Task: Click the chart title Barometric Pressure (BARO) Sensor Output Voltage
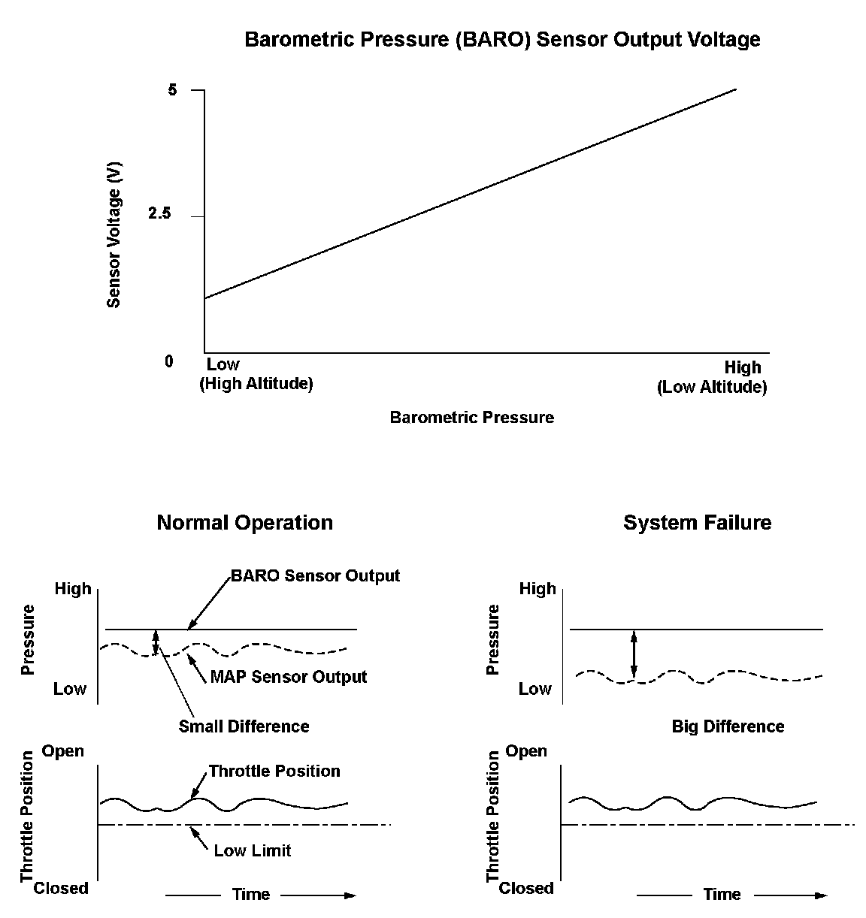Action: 502,40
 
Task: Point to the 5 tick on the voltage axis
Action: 173,90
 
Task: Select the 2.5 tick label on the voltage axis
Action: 160,215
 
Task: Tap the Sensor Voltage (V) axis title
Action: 114,235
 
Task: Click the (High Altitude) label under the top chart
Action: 256,384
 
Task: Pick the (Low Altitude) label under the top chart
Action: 712,388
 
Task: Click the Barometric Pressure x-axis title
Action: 471,418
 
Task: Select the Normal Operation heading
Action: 244,523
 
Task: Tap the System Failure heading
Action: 697,523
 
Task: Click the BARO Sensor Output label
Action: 315,576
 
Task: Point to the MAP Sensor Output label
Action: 288,677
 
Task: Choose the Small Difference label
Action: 244,726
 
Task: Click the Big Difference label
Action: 728,726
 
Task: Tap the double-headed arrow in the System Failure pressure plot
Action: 634,655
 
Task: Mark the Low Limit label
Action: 252,850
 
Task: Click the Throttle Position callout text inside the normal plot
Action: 274,772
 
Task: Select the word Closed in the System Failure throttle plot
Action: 526,889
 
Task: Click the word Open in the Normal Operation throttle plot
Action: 63,751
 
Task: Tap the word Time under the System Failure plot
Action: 722,895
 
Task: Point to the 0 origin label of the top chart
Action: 169,362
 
